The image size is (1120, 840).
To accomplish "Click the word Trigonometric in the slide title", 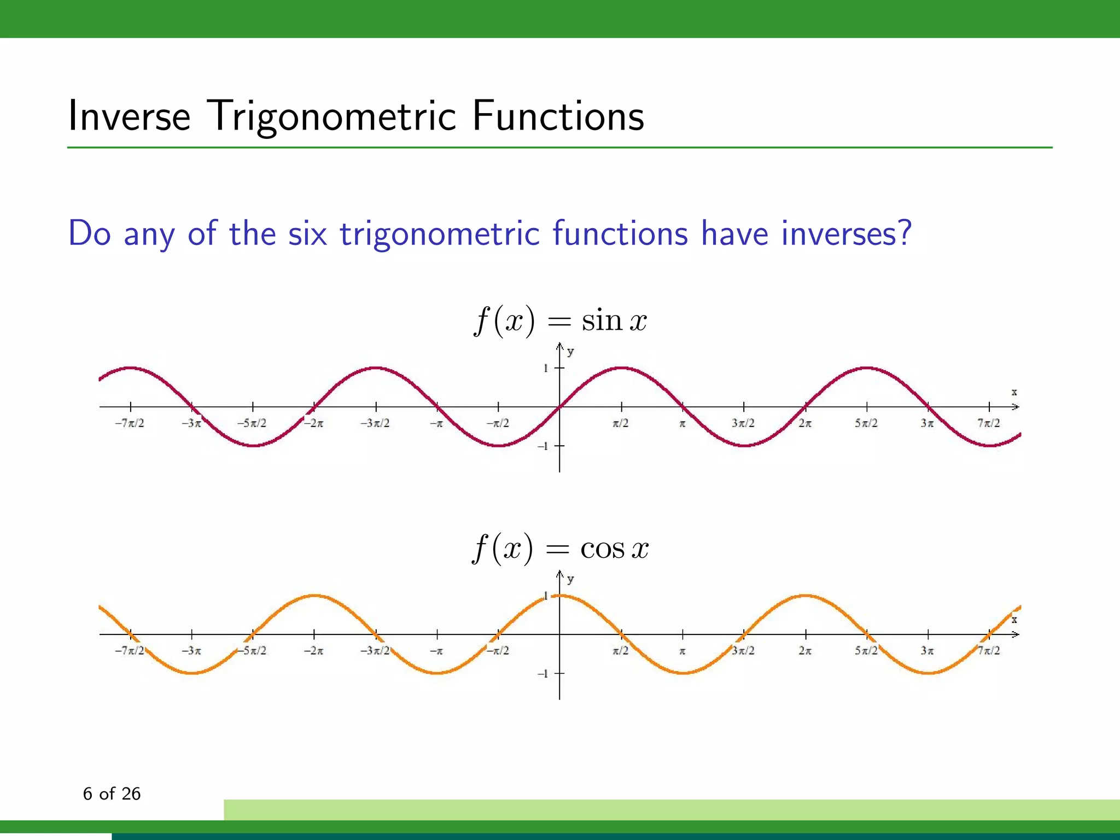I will click(332, 116).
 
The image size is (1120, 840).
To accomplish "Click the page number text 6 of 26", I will click(112, 794).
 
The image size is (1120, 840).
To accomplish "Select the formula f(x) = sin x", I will click(560, 320).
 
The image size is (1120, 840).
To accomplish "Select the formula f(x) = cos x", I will click(560, 548).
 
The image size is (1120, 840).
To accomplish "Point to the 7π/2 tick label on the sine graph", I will click(989, 423).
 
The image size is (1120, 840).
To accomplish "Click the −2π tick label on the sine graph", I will click(314, 423).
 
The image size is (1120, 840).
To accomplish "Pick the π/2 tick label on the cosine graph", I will click(621, 651).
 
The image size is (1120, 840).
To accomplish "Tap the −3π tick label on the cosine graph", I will click(191, 651).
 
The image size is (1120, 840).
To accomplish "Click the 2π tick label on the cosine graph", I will click(805, 651).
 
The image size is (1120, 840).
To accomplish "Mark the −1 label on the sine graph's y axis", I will click(542, 446).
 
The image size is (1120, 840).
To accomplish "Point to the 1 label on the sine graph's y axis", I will click(545, 369).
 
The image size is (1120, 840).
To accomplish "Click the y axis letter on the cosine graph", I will click(570, 579).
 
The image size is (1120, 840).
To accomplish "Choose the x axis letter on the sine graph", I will click(1014, 392).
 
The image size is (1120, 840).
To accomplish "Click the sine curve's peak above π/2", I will click(621, 368).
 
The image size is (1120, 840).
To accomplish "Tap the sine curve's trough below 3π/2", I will click(744, 446).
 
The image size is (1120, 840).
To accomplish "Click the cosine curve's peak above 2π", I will click(805, 596).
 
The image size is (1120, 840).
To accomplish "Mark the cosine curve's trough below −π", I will click(437, 673).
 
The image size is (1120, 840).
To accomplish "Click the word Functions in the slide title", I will click(558, 116).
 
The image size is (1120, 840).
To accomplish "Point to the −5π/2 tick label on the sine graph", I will click(252, 423).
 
